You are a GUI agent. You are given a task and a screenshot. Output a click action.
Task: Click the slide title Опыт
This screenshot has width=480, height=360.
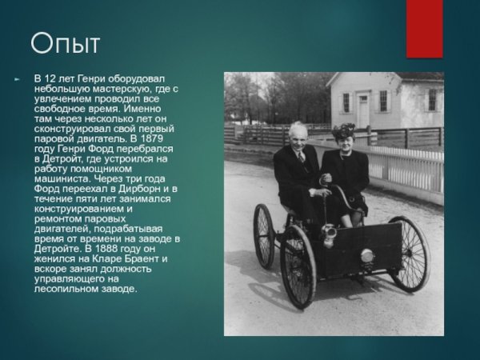66,44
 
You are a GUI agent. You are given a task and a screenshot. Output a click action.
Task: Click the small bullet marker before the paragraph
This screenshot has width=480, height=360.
16,78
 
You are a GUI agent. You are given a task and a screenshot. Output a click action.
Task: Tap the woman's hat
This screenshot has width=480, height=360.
345,130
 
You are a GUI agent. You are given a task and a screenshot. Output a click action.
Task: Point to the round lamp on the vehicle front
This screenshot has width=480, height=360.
367,256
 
